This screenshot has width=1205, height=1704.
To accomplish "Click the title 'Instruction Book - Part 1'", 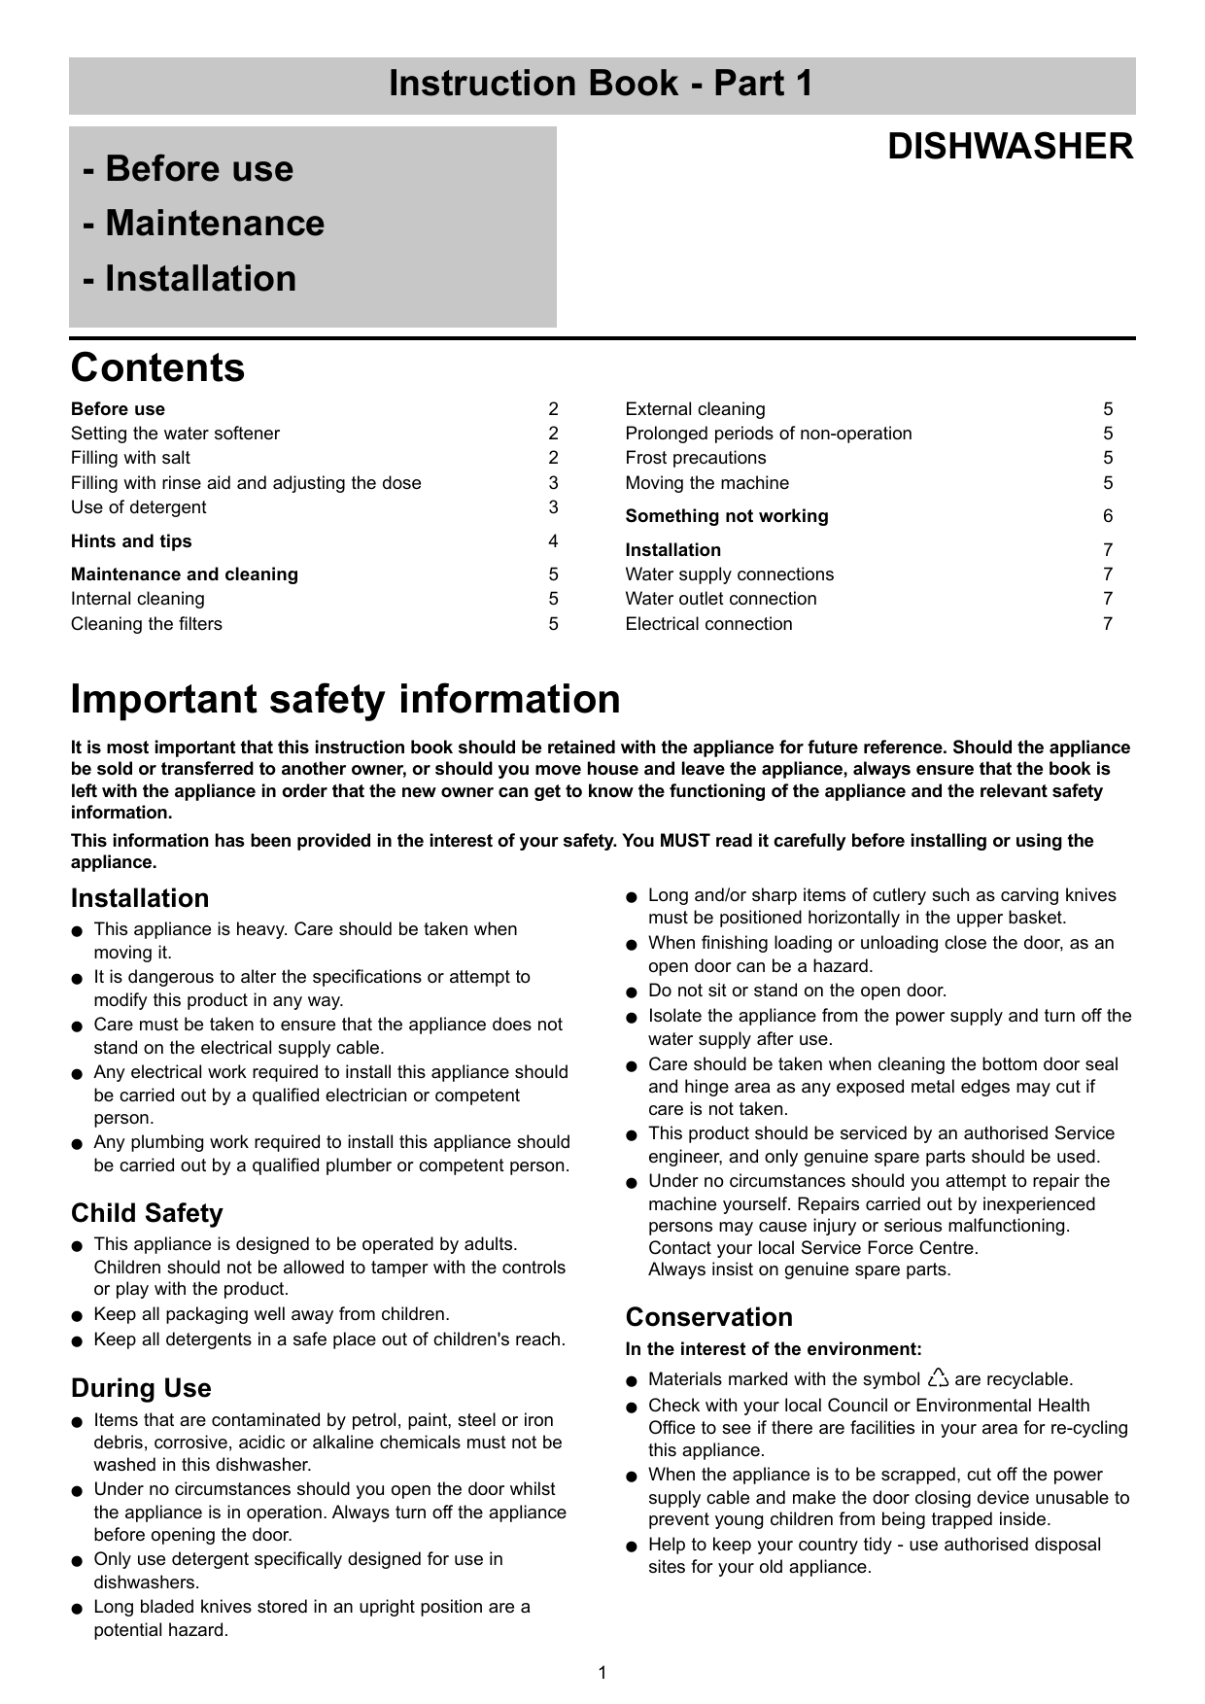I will coord(601,85).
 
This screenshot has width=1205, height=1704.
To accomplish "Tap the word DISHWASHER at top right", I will coord(1010,147).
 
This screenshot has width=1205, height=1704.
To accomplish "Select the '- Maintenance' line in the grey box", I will coord(204,224).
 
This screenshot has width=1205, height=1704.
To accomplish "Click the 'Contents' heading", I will coord(157,368).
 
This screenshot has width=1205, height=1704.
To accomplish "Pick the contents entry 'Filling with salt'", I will coord(130,458).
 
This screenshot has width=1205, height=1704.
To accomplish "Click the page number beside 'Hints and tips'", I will coord(553,540).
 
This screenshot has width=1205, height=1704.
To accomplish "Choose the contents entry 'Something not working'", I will coord(727,516).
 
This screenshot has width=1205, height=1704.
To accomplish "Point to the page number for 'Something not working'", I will coord(1108,516).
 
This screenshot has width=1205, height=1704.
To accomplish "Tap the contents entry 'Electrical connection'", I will coord(708,624).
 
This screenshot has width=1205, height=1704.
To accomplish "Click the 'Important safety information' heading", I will coord(345,699).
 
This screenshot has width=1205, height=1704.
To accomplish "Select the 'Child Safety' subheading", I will coord(147,1213).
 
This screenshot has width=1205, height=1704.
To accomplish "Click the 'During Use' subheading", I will coord(141,1388).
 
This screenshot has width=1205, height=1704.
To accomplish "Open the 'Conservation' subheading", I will coord(708,1317).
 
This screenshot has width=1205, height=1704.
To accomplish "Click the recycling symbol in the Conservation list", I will coord(938,1378).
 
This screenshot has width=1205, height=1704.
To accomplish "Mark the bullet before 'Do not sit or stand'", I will coord(632,992).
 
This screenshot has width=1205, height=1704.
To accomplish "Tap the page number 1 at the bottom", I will coord(602,1672).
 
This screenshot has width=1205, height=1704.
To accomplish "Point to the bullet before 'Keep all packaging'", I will coord(77,1316).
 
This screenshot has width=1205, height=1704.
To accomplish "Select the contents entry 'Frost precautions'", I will coord(695,458).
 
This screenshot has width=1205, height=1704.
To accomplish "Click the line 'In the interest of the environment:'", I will coord(774,1349).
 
